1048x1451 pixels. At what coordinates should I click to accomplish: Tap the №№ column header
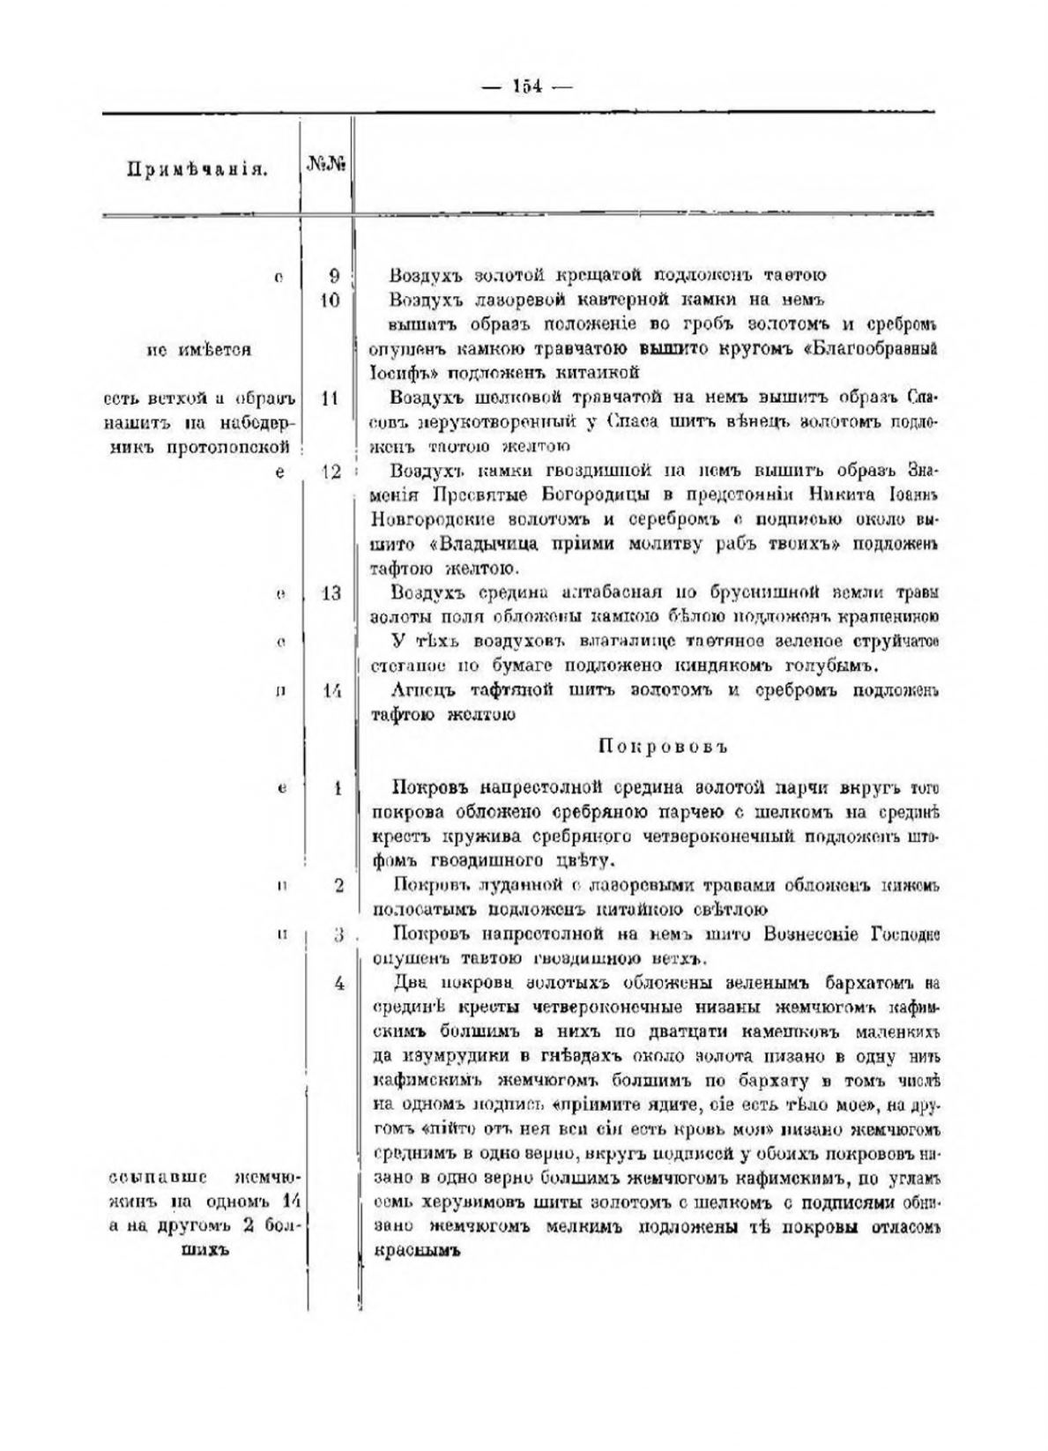pyautogui.click(x=325, y=166)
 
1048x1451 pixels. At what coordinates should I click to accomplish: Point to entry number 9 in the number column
pyautogui.click(x=334, y=275)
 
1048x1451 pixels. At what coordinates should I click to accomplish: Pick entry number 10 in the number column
pyautogui.click(x=331, y=300)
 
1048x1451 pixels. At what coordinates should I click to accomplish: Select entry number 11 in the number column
pyautogui.click(x=331, y=398)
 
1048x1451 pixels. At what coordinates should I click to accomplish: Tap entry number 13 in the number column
pyautogui.click(x=331, y=592)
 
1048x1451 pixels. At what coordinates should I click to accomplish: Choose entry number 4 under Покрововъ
pyautogui.click(x=338, y=983)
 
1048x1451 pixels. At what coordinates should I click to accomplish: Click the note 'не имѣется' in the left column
pyautogui.click(x=198, y=349)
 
